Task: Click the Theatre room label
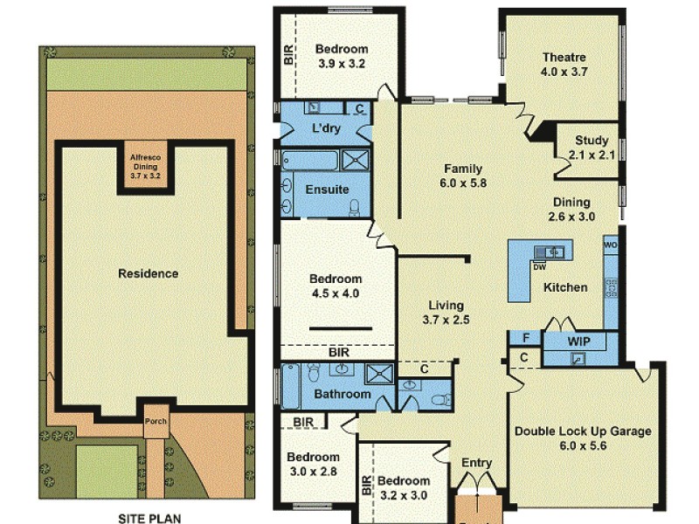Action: click(x=563, y=58)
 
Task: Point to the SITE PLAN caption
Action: click(x=149, y=518)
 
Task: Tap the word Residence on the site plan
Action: click(x=148, y=273)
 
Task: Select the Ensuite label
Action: click(x=327, y=189)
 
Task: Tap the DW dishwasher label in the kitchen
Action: click(x=539, y=267)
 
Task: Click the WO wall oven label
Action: click(x=609, y=245)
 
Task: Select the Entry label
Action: click(x=477, y=463)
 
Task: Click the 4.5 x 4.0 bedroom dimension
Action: click(x=335, y=293)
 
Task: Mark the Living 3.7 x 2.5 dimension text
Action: click(x=446, y=319)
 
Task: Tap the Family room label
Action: click(x=463, y=169)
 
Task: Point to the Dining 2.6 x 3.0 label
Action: click(x=571, y=217)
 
